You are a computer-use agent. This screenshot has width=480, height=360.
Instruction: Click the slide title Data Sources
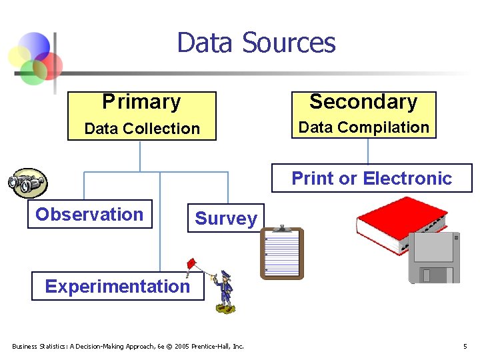[x=256, y=43]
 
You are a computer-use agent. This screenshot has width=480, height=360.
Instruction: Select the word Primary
[x=141, y=102]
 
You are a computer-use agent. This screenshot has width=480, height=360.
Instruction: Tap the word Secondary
[x=363, y=101]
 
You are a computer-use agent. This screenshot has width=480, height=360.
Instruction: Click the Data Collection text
[x=142, y=129]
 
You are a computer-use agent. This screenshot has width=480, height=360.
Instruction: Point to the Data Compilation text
[x=363, y=127]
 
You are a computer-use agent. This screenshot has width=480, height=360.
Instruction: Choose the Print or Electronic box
[x=371, y=178]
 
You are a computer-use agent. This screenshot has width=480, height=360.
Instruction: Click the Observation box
[x=89, y=214]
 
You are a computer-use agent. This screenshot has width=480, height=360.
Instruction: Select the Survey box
[x=225, y=218]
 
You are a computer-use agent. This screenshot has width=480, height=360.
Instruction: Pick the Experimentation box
[x=117, y=286]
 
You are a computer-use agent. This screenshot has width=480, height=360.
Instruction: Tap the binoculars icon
[x=27, y=182]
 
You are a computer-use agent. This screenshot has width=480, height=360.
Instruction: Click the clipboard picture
[x=281, y=253]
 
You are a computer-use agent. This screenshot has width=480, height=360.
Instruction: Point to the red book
[x=401, y=224]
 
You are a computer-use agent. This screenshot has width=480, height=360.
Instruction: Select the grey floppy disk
[x=434, y=257]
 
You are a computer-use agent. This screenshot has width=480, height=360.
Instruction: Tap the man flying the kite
[x=225, y=291]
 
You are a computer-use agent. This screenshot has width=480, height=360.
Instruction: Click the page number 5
[x=465, y=346]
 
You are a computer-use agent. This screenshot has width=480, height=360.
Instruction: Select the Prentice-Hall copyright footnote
[x=128, y=346]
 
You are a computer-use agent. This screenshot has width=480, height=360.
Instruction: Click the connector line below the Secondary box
[x=368, y=151]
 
